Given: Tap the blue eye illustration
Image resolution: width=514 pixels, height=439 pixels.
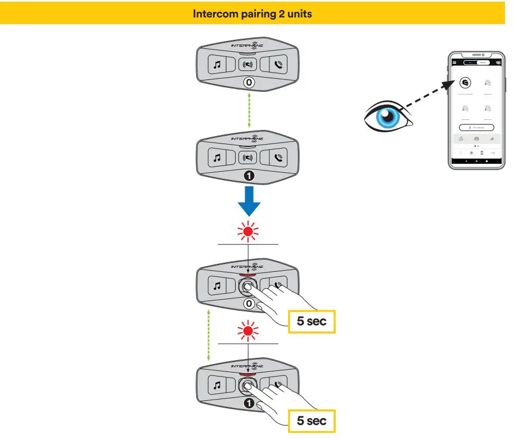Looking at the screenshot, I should pos(387,115).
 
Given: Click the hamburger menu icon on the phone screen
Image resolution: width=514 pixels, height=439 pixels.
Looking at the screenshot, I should pos(454,62).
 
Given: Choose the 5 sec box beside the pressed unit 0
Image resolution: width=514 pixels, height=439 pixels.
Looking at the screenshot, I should pos(312,322).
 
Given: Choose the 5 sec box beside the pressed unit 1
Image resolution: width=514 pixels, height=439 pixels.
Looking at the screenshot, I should pos(312,420).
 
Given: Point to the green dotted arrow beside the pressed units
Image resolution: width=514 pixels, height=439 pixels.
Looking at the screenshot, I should pos(209,334).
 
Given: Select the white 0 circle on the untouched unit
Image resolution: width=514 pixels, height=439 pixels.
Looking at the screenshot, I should pos(248,83).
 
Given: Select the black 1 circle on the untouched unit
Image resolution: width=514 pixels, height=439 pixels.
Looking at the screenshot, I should pos(248,176).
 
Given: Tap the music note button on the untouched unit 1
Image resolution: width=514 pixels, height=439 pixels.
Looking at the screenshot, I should pos(217,158).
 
